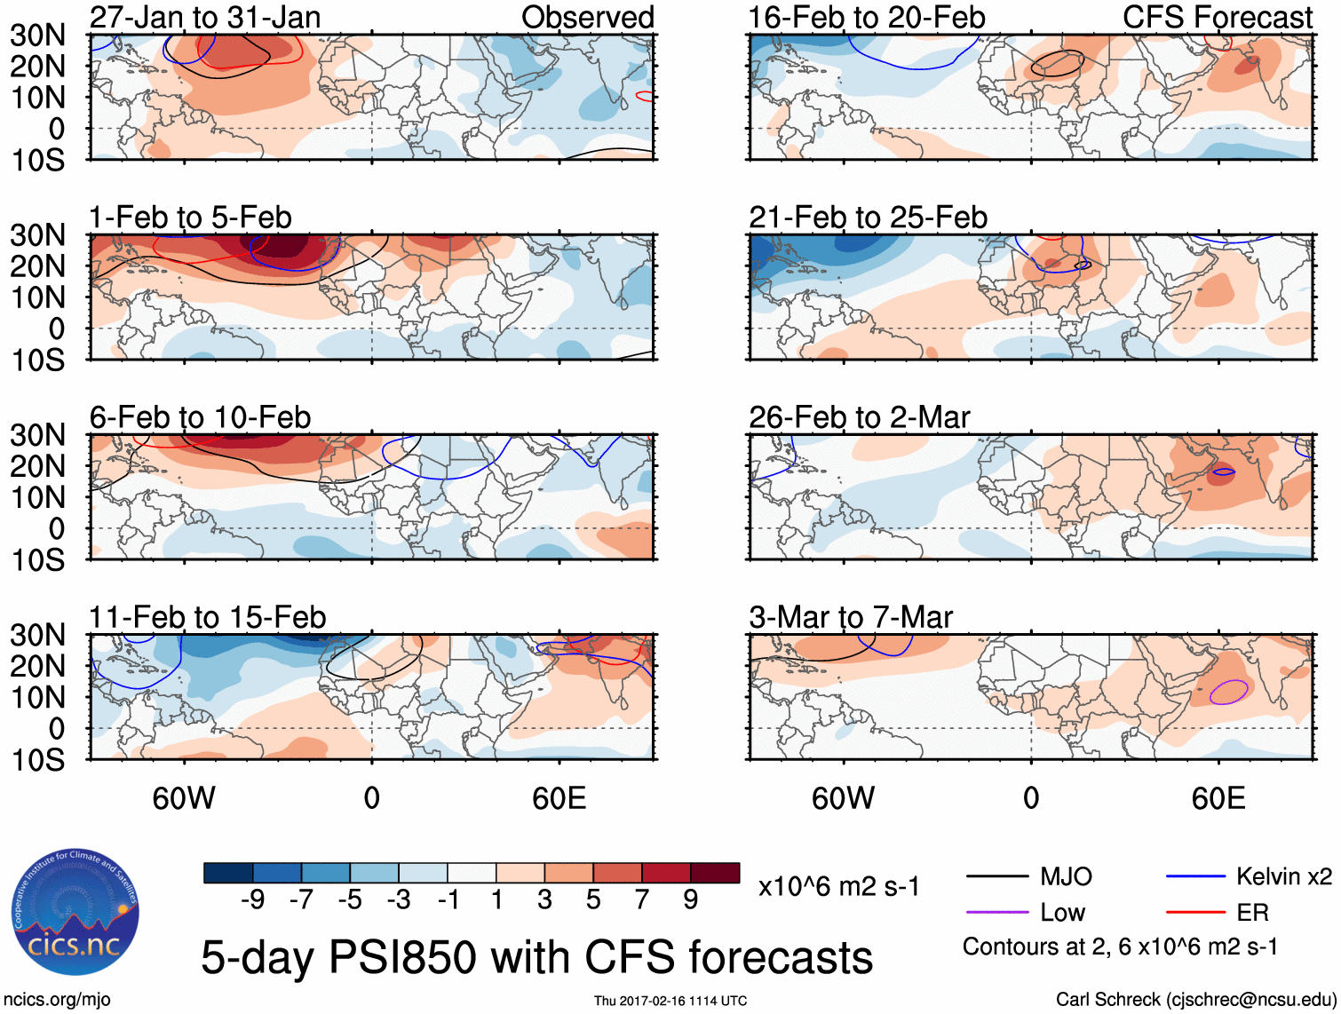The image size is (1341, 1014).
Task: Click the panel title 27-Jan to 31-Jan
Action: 205,17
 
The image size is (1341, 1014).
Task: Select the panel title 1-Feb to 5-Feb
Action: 190,217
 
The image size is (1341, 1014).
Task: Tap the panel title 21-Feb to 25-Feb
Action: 868,217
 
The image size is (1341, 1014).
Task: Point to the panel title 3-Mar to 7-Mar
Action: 850,616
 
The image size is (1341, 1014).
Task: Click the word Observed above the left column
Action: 587,17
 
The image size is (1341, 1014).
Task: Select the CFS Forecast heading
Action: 1217,17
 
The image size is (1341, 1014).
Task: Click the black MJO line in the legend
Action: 997,877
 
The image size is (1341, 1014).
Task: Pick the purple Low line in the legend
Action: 997,912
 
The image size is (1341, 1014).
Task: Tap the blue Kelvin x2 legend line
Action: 1195,877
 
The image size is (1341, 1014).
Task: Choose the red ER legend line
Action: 1195,912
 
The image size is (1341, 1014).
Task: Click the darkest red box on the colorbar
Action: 715,873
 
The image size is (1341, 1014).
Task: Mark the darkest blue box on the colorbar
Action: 228,873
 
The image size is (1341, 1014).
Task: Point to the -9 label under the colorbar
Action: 252,899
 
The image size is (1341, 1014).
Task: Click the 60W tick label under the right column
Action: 843,797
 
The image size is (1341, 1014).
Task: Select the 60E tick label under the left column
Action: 559,797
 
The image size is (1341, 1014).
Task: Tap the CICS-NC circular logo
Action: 75,912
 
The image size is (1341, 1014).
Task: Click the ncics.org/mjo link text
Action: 58,1000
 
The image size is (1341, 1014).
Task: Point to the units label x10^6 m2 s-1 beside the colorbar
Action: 838,886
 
